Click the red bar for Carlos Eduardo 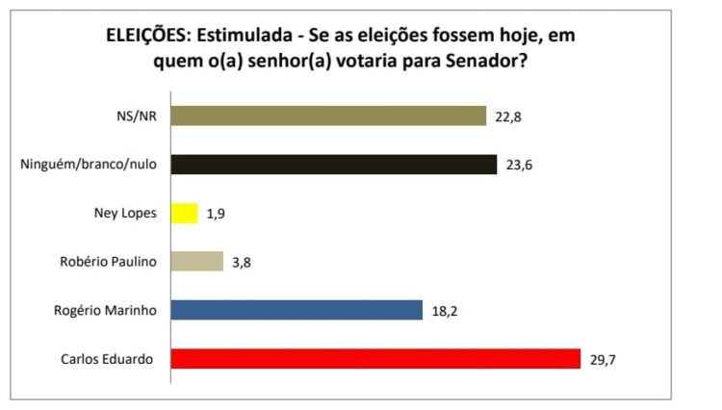click(375, 359)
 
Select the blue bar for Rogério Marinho click(297, 310)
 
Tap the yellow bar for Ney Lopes click(184, 213)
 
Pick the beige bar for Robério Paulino click(196, 261)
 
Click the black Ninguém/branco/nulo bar click(333, 165)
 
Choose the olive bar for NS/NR click(328, 116)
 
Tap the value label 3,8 click(240, 262)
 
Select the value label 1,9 click(215, 214)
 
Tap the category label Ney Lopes click(129, 213)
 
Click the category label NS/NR click(139, 116)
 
